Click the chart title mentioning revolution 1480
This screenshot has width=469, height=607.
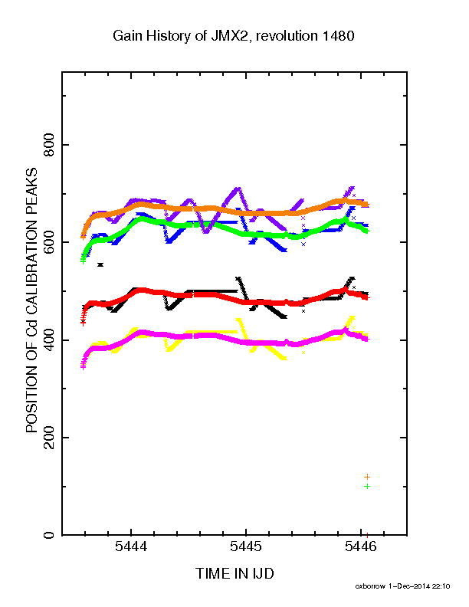tap(233, 36)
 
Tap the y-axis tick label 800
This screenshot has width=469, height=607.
tap(49, 145)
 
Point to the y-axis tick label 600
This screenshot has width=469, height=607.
tap(49, 242)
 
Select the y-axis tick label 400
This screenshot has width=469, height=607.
tap(49, 340)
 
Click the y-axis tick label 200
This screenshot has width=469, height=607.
tap(49, 438)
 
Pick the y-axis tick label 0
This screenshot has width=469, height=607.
tap(49, 535)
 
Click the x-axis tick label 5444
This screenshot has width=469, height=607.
tap(131, 546)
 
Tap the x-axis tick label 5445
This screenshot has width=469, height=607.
tap(246, 546)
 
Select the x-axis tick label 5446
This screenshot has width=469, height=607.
tap(361, 546)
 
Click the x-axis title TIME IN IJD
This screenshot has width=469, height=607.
tap(235, 574)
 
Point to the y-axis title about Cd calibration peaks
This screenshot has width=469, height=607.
tap(31, 300)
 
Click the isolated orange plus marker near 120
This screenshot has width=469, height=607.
tap(367, 477)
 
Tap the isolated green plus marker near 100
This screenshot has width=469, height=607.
tap(367, 486)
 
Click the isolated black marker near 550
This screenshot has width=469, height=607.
tap(100, 264)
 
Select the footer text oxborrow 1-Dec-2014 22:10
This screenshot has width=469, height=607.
tap(402, 586)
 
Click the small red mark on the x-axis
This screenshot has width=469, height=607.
tap(367, 534)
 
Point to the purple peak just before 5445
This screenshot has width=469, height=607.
tap(238, 189)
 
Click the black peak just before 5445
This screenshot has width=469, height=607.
tap(238, 279)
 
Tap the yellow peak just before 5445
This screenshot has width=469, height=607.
tap(239, 320)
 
